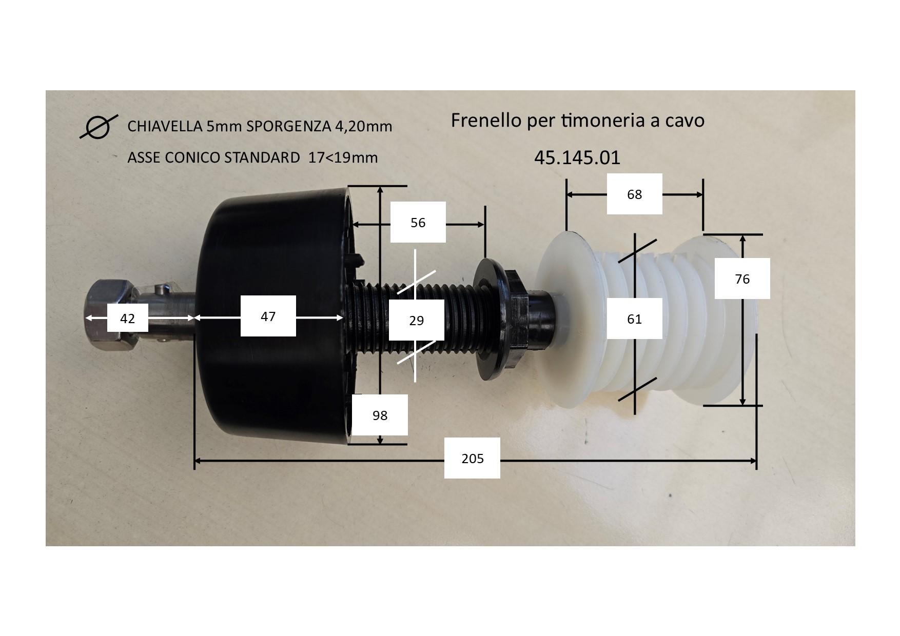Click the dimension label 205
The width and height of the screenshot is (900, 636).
pos(472,458)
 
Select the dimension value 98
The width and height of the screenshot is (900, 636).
pos(380,415)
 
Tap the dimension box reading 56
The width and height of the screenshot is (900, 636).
pos(418,222)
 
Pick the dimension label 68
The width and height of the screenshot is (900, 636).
pos(634,194)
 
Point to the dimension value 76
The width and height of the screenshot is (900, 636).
pos(742,279)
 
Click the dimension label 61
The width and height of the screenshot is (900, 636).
pos(634,319)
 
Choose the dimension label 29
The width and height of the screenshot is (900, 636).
pos(416,320)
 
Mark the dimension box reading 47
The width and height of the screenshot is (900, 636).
pos(268,316)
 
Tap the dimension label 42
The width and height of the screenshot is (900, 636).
pos(127,318)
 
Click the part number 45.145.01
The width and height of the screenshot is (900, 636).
pos(577,157)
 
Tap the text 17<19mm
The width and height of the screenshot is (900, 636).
pos(343,157)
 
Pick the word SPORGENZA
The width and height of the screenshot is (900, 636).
pos(289,126)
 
